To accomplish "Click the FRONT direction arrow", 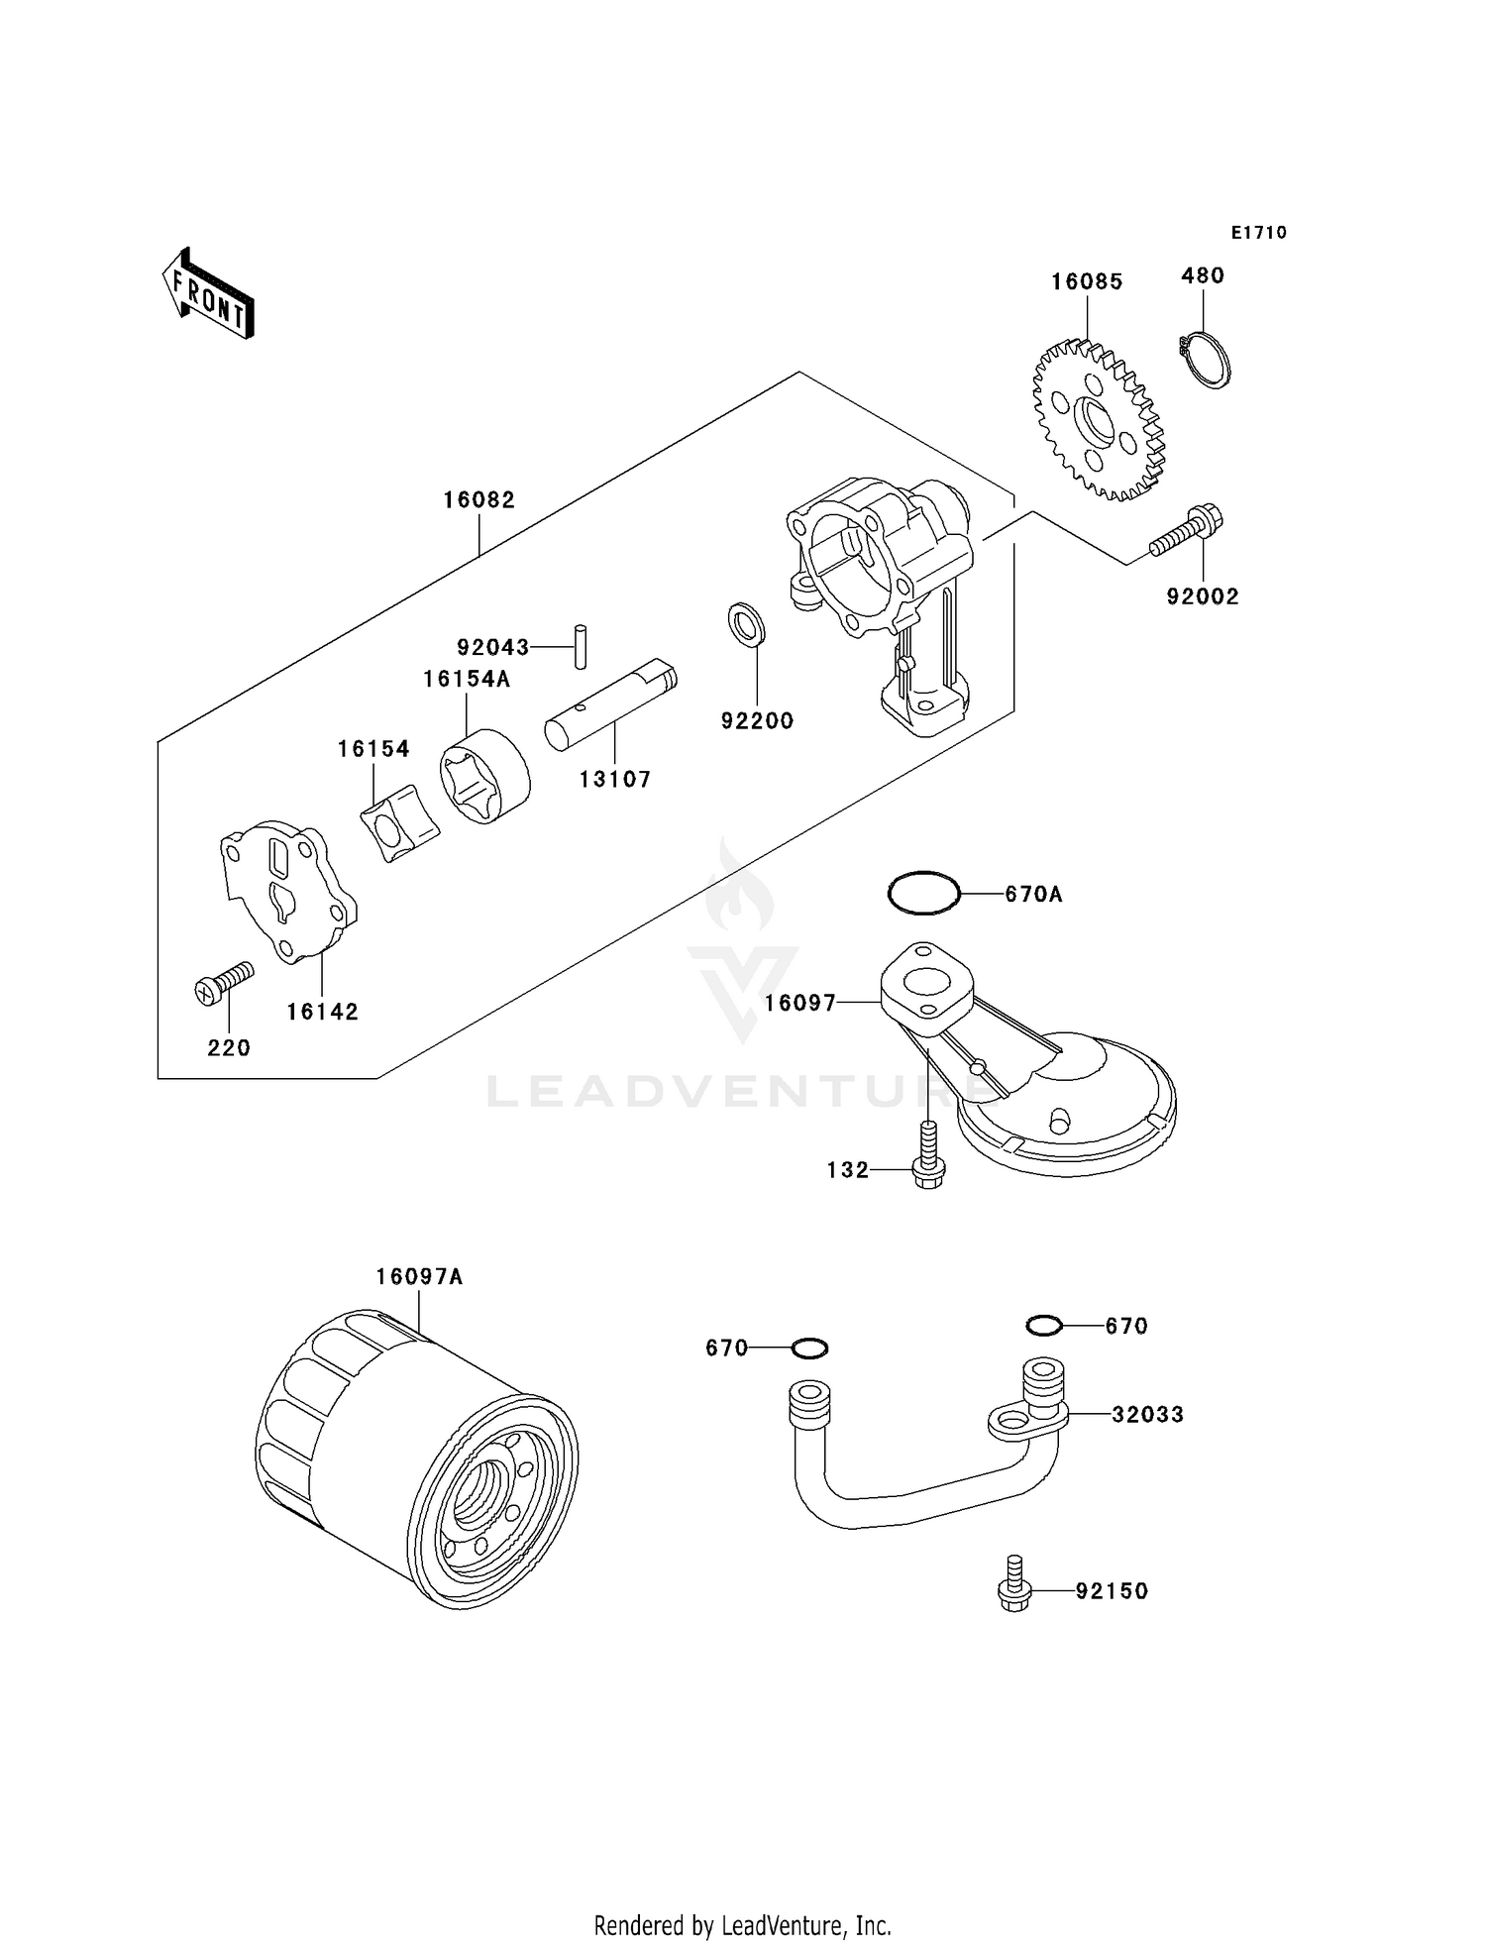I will pos(209,293).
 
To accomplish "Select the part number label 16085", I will pos(1087,281).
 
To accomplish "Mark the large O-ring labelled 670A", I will pos(923,893).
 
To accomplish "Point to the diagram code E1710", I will pos(1258,232).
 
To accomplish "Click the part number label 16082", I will pos(478,500).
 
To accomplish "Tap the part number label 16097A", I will pos(419,1277).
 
